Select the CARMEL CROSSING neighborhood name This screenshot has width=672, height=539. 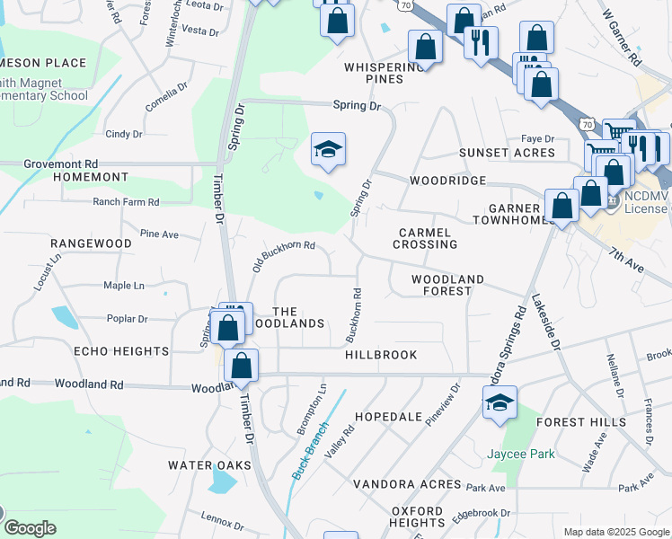coord(426,238)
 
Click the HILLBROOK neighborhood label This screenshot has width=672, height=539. coord(381,355)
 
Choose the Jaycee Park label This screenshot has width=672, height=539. coord(521,455)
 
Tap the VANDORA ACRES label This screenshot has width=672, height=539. coord(407,485)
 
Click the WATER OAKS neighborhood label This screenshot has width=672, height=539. coord(203,465)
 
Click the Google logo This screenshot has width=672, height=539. coord(29,528)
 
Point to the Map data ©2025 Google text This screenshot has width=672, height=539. coord(615,532)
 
